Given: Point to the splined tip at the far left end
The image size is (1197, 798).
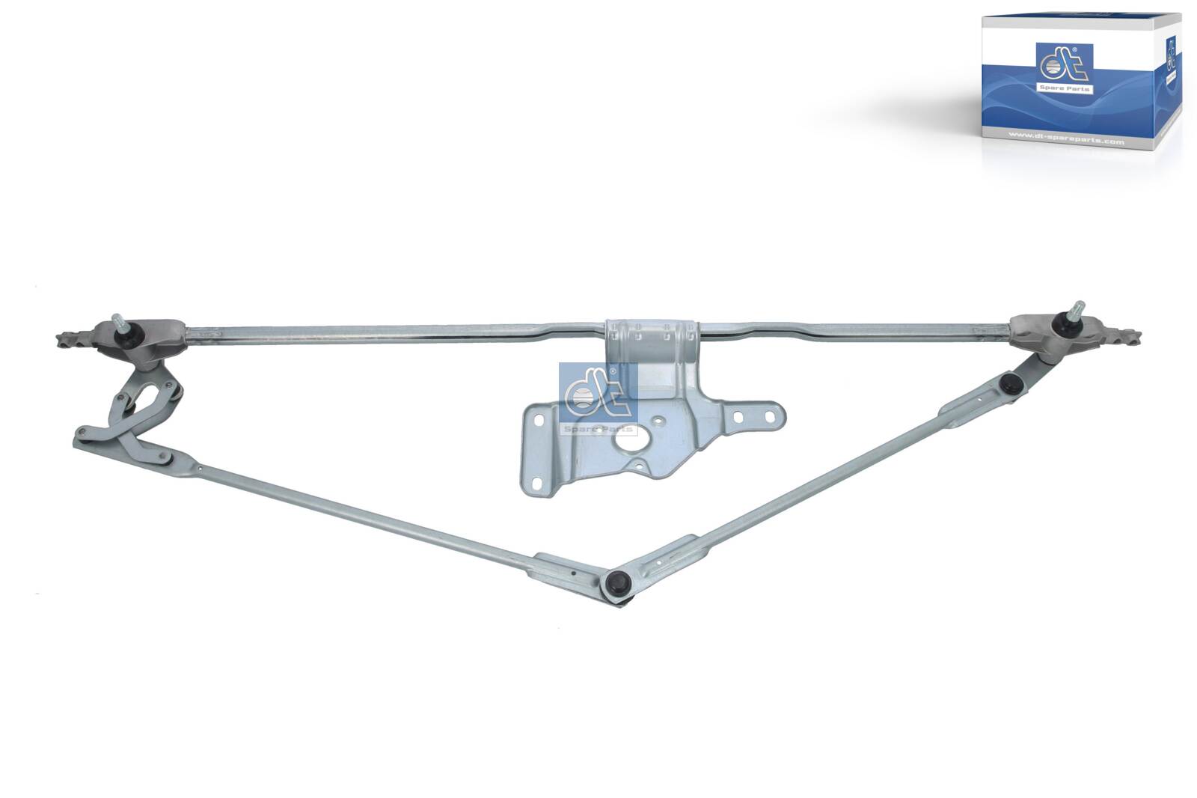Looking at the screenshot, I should tap(64, 341).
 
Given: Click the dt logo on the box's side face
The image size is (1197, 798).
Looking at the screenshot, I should tap(1170, 61).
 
